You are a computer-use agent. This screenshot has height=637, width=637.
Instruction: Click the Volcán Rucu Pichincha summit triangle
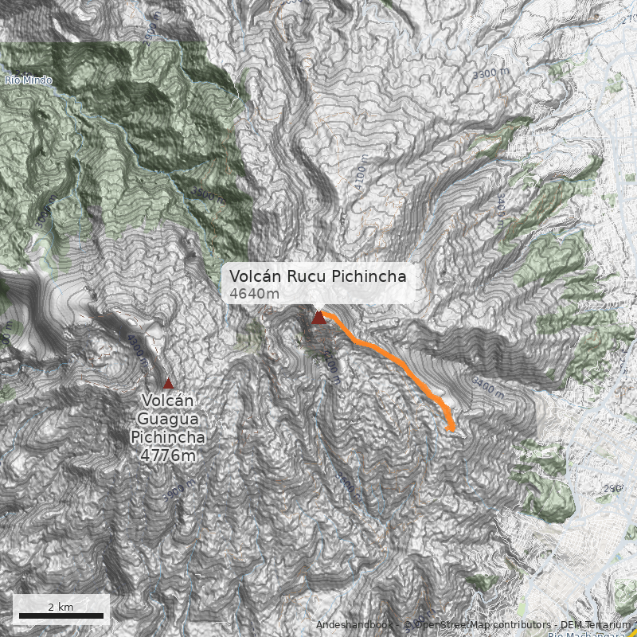[x=318, y=318]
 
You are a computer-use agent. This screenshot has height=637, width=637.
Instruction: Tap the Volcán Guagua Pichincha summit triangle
[x=168, y=383]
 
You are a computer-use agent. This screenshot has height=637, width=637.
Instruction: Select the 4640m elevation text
[x=254, y=294]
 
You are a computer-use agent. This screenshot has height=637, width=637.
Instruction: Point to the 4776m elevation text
[x=167, y=455]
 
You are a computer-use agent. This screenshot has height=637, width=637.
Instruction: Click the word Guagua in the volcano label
[x=168, y=419]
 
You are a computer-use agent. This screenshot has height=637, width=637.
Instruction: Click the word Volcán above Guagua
[x=168, y=401]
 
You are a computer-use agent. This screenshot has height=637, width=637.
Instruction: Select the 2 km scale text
[x=61, y=607]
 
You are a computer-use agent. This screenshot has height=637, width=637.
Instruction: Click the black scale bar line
[x=61, y=616]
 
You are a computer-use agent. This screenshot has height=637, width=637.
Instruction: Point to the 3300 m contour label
[x=490, y=73]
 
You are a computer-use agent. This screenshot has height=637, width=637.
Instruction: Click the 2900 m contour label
[x=612, y=487]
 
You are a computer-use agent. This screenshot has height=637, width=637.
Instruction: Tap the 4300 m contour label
[x=136, y=349]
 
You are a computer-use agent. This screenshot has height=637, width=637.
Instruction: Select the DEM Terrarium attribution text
[x=592, y=625]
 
